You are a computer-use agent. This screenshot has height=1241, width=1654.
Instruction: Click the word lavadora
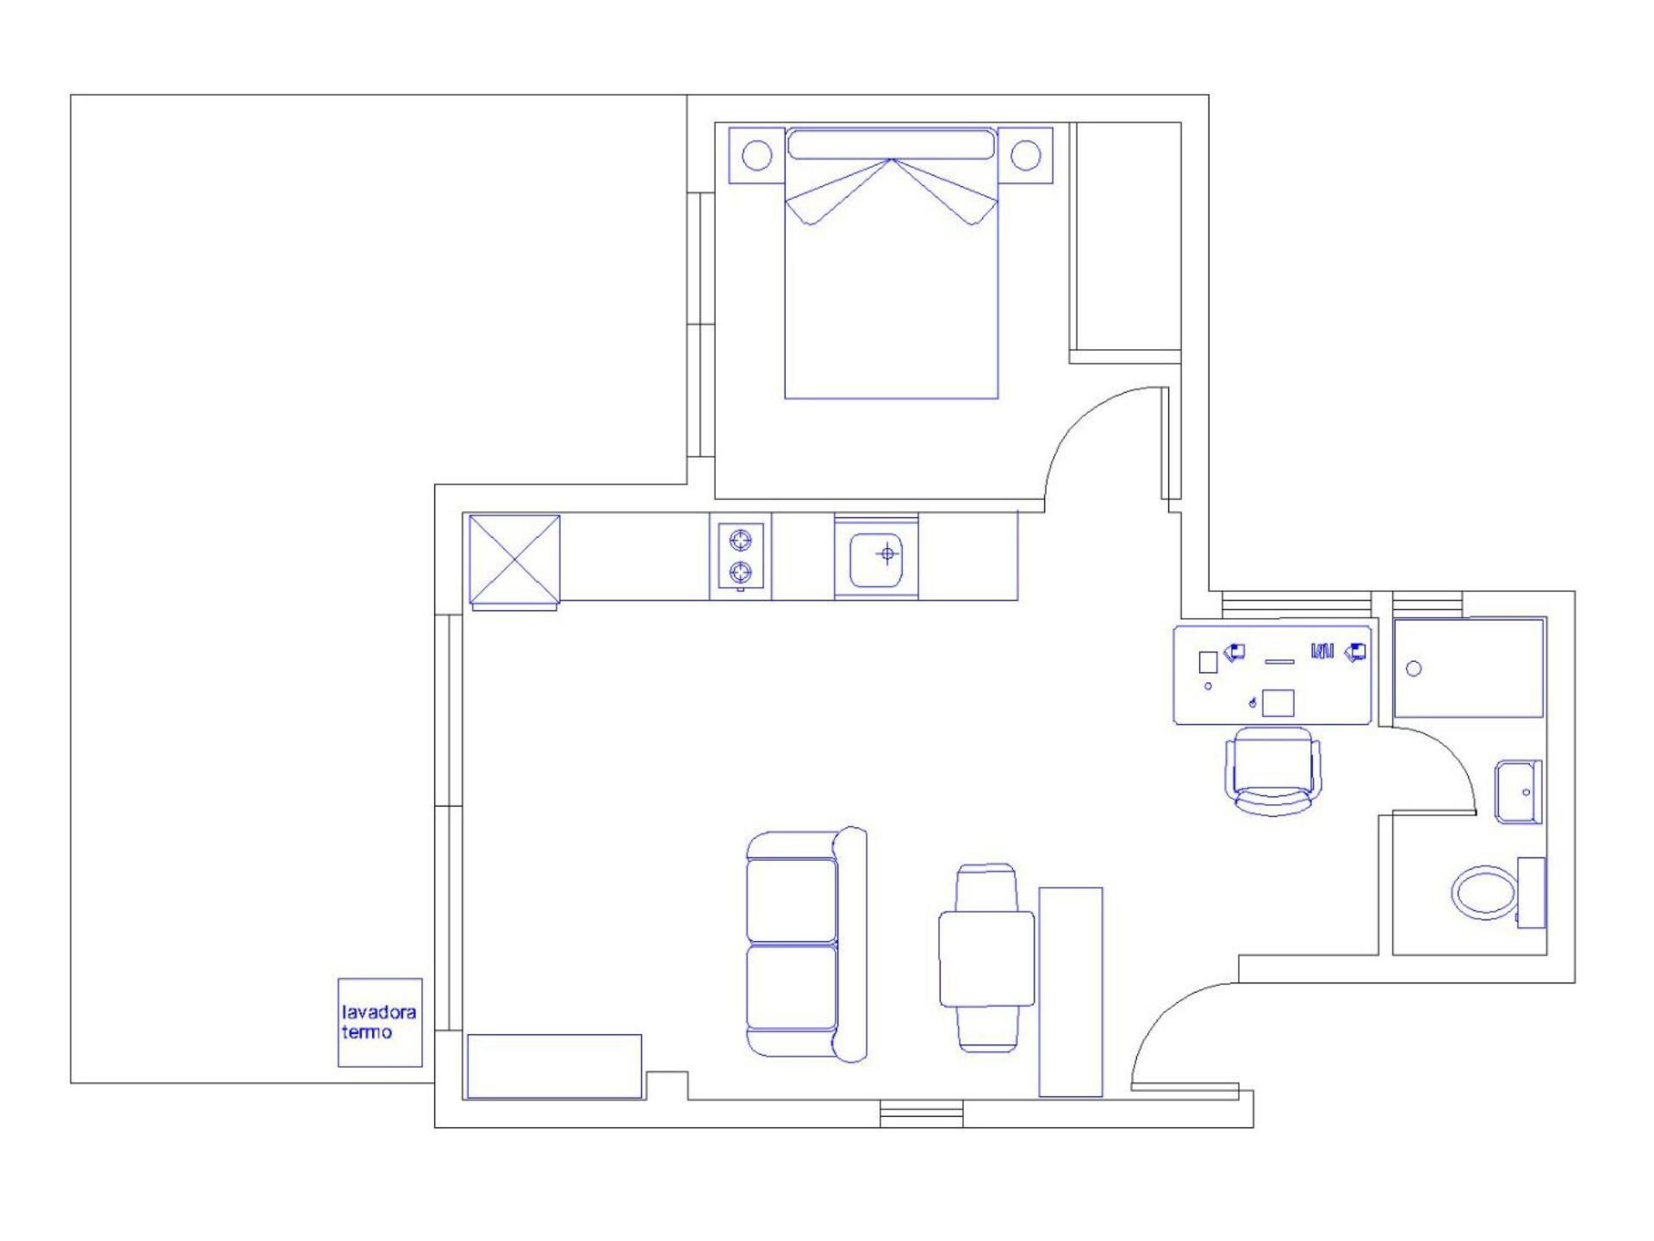tap(379, 1012)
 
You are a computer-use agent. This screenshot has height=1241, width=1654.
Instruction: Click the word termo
tap(367, 1032)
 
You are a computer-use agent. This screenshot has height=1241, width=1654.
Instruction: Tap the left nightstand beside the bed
tap(757, 155)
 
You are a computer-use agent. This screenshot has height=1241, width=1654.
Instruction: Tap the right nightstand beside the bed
tap(1025, 155)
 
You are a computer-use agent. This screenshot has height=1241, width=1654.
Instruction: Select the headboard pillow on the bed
tap(892, 144)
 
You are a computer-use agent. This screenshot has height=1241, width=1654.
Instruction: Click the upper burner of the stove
tap(740, 540)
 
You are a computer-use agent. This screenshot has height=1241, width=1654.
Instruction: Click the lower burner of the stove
tap(740, 571)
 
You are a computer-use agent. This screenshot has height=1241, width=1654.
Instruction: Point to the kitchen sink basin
tap(876, 559)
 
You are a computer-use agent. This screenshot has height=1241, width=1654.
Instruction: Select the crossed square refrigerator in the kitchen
tap(514, 559)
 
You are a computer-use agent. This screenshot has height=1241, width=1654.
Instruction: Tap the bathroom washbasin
tap(1519, 791)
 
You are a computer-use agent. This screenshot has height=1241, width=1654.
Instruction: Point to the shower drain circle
tap(1414, 668)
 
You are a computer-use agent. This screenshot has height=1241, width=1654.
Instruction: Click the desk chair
tap(1273, 770)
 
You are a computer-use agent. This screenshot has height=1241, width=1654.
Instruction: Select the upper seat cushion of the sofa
tap(792, 900)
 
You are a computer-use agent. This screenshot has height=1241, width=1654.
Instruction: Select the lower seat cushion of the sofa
tap(792, 988)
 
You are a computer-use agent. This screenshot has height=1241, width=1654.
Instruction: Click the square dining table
tap(986, 959)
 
